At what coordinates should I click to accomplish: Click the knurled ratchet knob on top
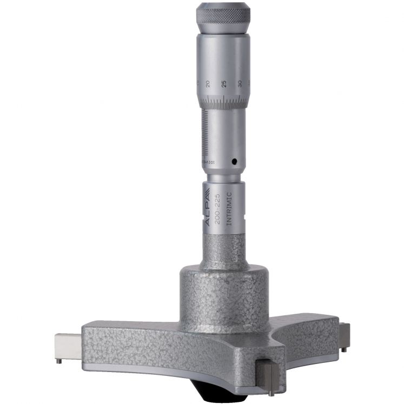coord(223,17)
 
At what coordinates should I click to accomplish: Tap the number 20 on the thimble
coord(208,84)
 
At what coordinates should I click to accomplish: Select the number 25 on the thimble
coord(223,85)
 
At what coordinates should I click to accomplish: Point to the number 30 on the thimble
coord(239,84)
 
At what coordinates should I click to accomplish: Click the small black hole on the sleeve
coord(234,161)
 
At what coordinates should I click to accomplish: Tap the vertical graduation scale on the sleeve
coord(206,133)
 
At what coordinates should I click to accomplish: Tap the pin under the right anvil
coord(344,349)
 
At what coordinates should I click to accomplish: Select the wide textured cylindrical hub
coord(223,297)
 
